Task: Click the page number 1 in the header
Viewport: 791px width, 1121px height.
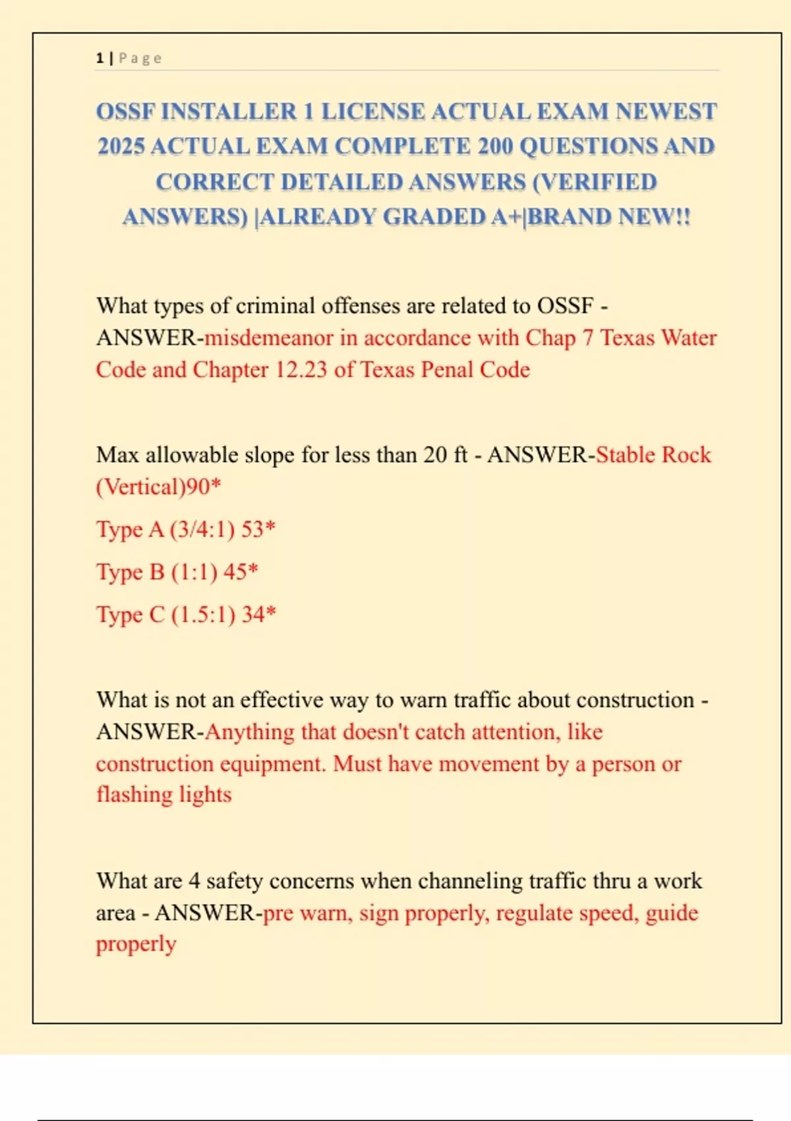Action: tap(100, 58)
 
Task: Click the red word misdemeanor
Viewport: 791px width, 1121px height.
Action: tap(269, 338)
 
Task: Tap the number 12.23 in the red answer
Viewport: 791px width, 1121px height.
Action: tap(301, 369)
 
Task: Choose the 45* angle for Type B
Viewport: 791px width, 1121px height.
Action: tap(241, 572)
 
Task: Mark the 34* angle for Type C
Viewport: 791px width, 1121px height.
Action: tap(258, 615)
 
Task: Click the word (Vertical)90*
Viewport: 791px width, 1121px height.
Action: tap(158, 487)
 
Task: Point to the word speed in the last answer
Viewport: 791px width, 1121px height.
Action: tap(609, 913)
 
